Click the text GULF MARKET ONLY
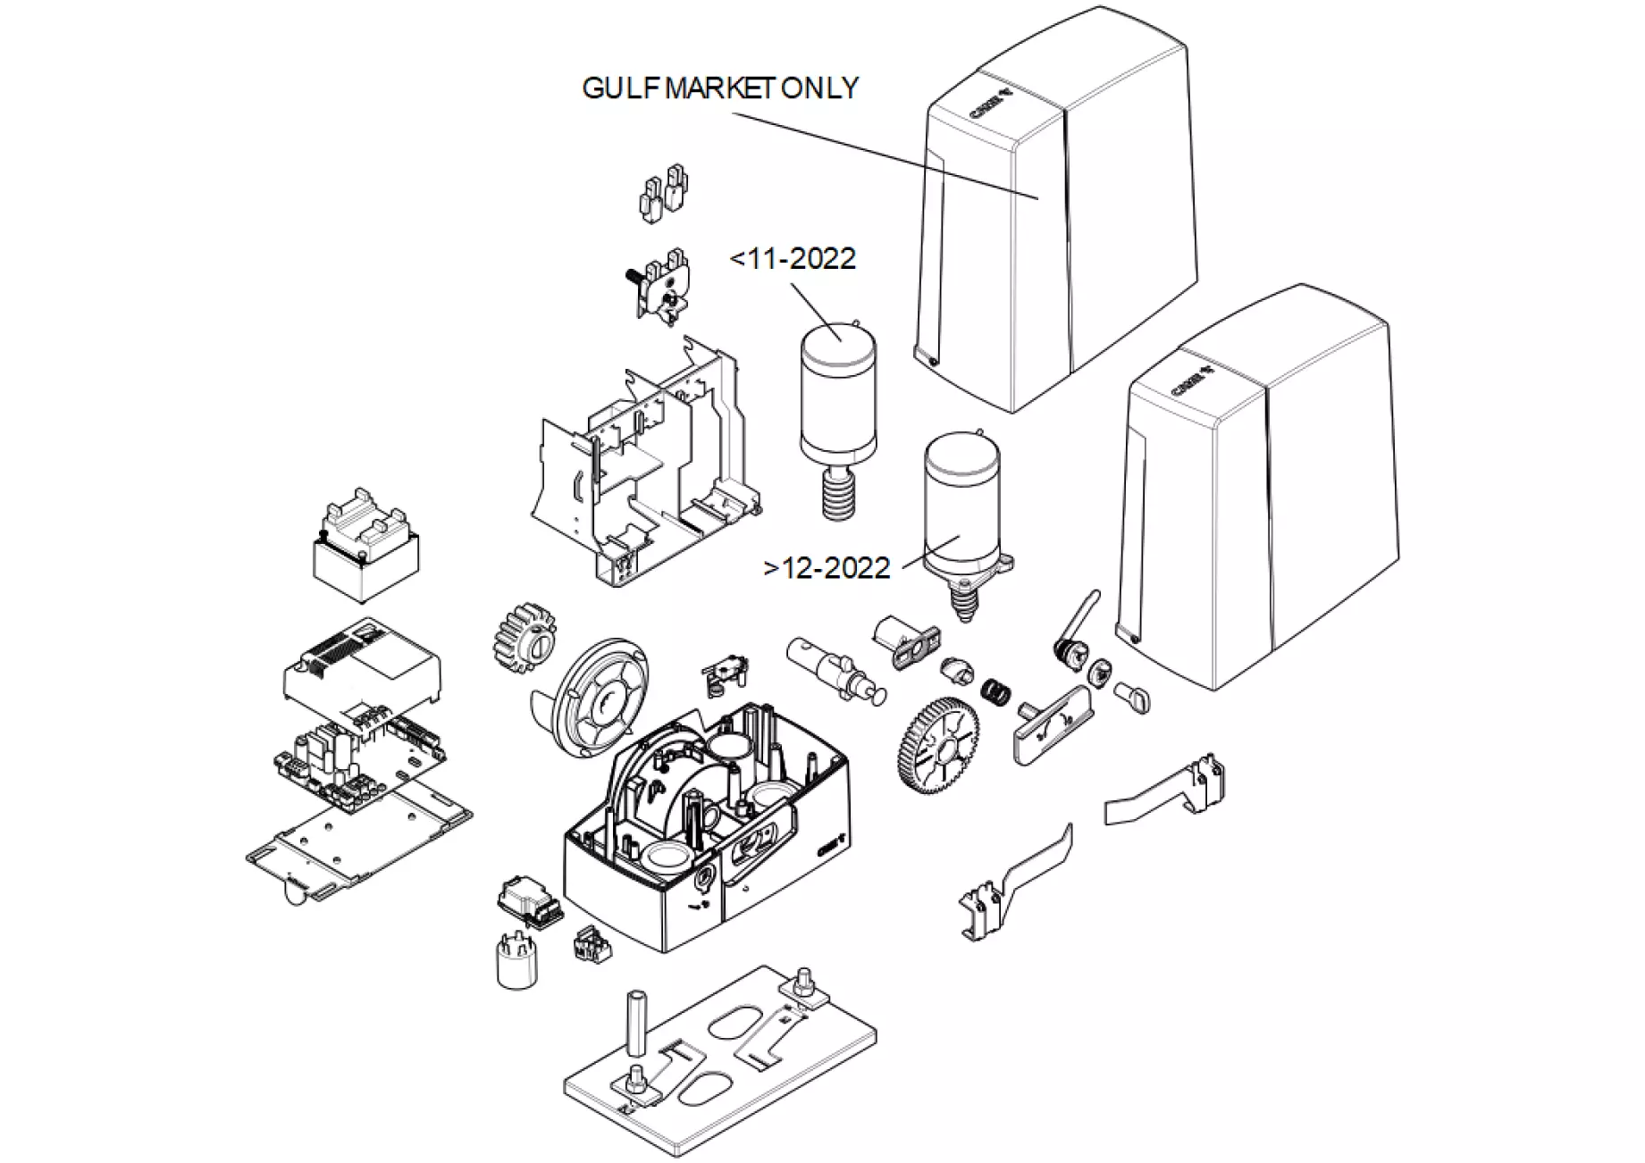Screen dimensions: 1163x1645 (719, 88)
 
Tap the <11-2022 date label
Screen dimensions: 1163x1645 (793, 259)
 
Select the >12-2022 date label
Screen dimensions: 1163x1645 (827, 568)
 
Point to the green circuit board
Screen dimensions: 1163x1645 (362, 759)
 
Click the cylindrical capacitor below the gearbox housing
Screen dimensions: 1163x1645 (516, 959)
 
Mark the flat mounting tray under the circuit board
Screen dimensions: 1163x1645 (357, 840)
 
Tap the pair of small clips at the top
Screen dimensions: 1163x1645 (663, 192)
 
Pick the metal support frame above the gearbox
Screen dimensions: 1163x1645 (643, 464)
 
